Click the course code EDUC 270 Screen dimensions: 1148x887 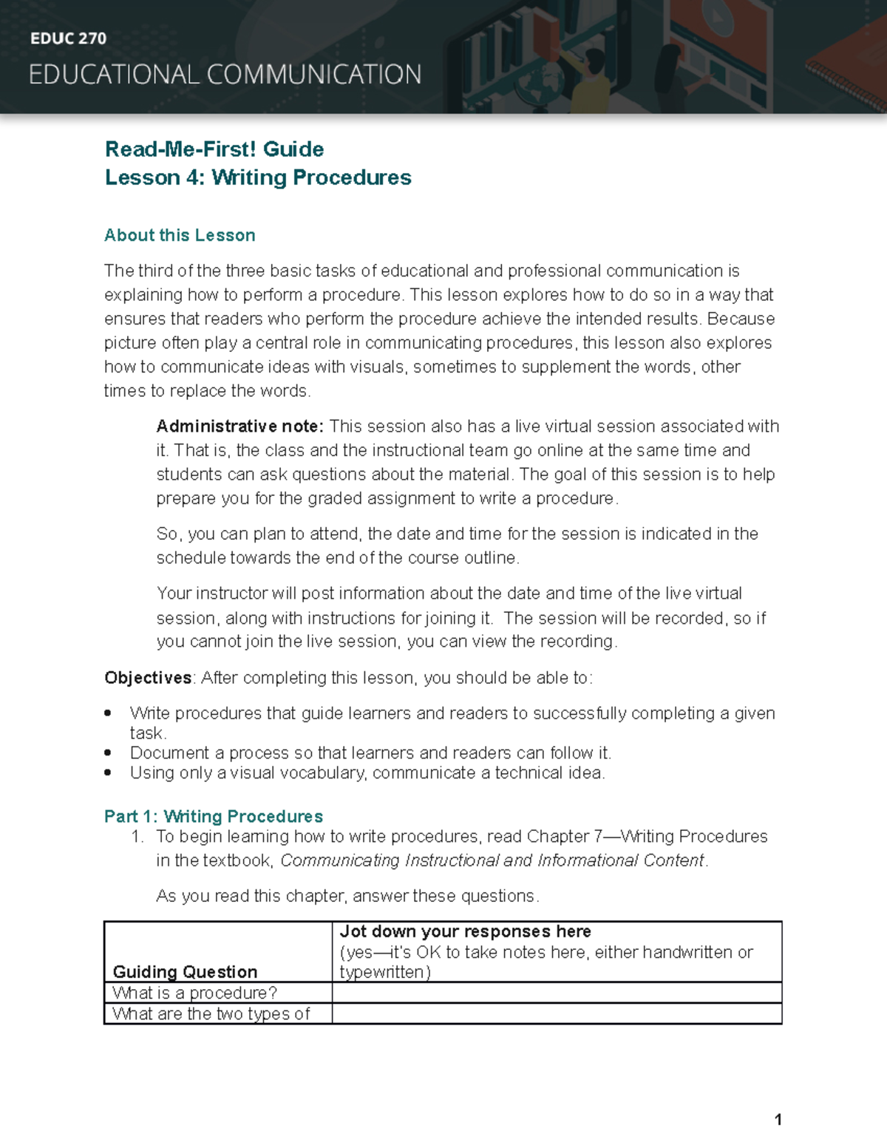point(68,38)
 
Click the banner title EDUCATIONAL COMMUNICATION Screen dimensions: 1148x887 point(225,75)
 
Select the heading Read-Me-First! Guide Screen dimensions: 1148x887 point(214,149)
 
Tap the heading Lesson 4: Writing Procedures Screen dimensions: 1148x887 point(258,177)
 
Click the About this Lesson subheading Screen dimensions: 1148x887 point(180,235)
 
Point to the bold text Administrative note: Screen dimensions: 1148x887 point(239,427)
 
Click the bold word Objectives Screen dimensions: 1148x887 point(148,678)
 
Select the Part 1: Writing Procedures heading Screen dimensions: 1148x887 point(213,816)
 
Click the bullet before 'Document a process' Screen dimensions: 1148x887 point(109,753)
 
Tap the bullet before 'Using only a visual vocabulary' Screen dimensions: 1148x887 point(109,773)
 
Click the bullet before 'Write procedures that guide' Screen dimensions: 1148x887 point(109,713)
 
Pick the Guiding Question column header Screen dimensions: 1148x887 point(185,971)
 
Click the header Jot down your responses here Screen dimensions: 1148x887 point(465,931)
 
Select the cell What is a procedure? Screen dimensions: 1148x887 point(194,993)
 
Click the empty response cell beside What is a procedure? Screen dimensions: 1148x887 point(556,993)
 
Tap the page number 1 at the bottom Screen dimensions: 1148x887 point(778,1119)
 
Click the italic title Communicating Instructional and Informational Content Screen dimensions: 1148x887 point(493,860)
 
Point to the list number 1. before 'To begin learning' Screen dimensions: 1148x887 point(137,837)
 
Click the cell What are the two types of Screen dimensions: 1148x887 point(211,1013)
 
